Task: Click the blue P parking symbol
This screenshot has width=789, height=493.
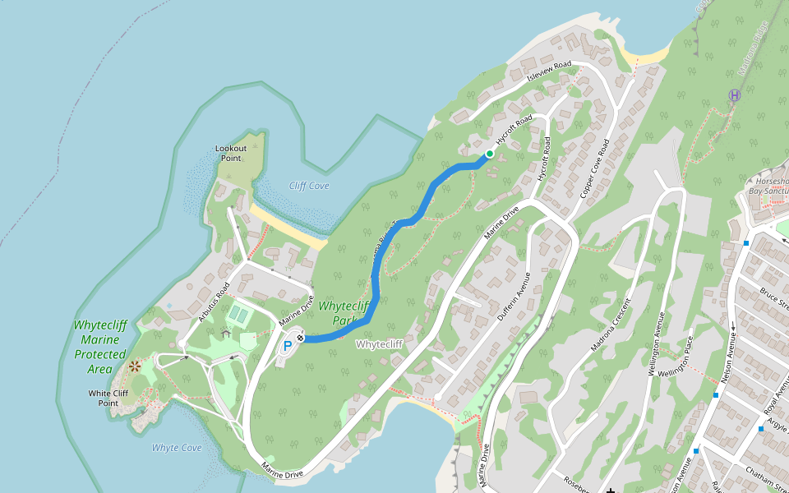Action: (288, 347)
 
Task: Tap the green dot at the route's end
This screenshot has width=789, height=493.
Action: (490, 154)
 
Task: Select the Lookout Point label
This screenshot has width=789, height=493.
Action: (231, 153)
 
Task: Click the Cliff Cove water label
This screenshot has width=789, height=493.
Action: (310, 186)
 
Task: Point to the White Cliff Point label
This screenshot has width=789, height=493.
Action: (108, 398)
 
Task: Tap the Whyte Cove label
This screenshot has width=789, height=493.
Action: (177, 448)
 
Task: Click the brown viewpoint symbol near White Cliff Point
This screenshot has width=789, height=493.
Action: (134, 366)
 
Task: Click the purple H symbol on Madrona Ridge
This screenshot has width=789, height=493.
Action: (734, 95)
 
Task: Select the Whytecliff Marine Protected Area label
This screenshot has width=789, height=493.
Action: (100, 347)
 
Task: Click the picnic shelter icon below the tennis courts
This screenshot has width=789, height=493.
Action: (225, 333)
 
